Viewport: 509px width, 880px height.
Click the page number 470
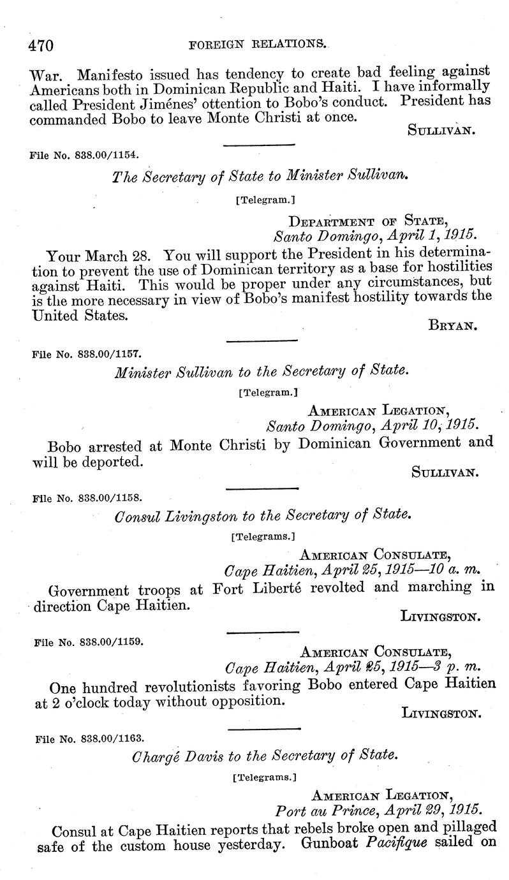[x=40, y=45]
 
